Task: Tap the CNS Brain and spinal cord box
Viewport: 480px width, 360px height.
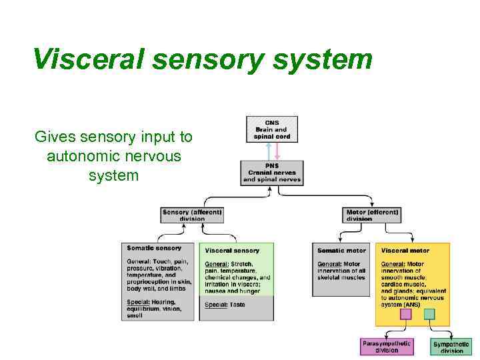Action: [x=272, y=129]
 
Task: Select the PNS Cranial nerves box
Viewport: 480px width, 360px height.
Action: [x=272, y=172]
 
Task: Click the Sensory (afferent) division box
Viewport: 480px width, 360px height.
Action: [x=192, y=215]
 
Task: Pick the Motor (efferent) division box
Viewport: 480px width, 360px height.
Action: [x=373, y=215]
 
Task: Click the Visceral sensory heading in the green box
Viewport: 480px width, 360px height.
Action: [x=232, y=251]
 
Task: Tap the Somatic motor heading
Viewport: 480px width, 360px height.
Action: [x=341, y=251]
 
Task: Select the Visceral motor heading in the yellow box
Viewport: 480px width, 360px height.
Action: [x=405, y=251]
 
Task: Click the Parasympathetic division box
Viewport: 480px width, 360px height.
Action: [x=387, y=346]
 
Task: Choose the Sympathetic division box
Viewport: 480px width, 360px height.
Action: [x=451, y=347]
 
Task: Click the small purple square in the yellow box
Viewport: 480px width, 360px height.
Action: [x=405, y=314]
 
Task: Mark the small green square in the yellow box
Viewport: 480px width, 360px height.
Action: [x=429, y=314]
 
